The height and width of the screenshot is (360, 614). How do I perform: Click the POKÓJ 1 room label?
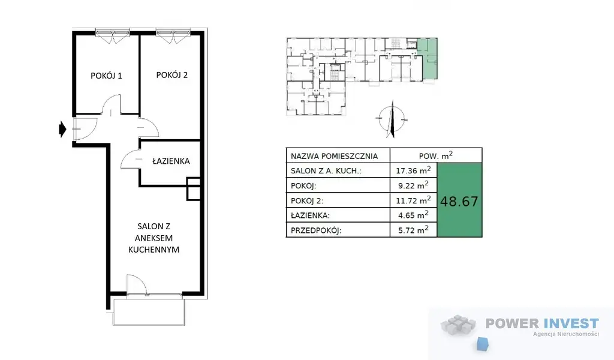(106, 76)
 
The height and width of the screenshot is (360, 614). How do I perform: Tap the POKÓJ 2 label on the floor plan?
(172, 75)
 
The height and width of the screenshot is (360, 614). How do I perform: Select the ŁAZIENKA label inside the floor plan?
(171, 161)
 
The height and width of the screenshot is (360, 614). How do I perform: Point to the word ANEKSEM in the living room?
(153, 238)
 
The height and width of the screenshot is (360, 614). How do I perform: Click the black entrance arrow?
(62, 129)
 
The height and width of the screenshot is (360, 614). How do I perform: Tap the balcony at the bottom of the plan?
(149, 312)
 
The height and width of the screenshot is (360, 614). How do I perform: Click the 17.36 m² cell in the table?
(413, 170)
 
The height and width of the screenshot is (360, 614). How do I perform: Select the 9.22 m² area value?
(413, 185)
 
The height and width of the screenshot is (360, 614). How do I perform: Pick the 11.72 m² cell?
(413, 200)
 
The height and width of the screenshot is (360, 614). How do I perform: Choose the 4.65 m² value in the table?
(413, 215)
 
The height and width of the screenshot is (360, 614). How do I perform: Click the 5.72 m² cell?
(413, 230)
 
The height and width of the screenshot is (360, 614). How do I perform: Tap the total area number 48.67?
(459, 202)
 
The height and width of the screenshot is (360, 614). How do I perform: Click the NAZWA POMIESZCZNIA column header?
(334, 157)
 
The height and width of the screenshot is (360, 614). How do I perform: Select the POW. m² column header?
(436, 155)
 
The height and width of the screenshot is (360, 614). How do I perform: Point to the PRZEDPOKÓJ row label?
(316, 230)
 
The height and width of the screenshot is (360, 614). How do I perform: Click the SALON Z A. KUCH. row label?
(326, 171)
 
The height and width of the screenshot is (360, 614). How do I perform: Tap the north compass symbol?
(392, 119)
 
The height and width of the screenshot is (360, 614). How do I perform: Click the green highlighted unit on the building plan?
(429, 59)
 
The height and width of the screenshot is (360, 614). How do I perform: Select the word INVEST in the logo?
(571, 323)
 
